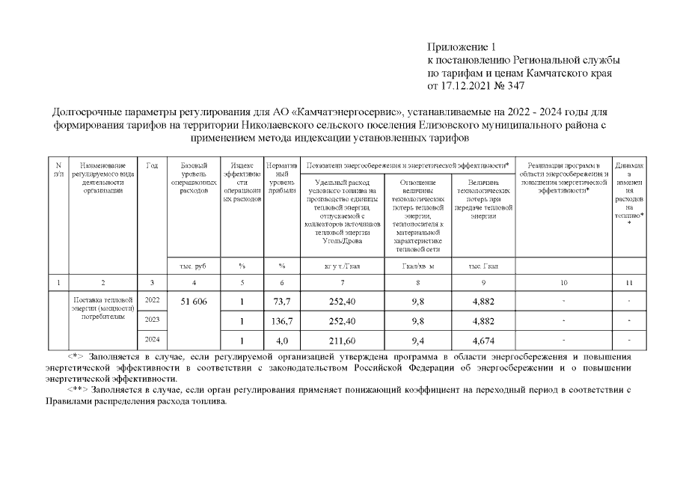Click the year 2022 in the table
click(x=152, y=300)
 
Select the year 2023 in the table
click(x=152, y=320)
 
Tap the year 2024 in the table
click(x=152, y=340)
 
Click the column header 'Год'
click(x=152, y=165)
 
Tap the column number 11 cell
click(x=629, y=282)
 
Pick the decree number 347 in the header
click(x=515, y=86)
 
